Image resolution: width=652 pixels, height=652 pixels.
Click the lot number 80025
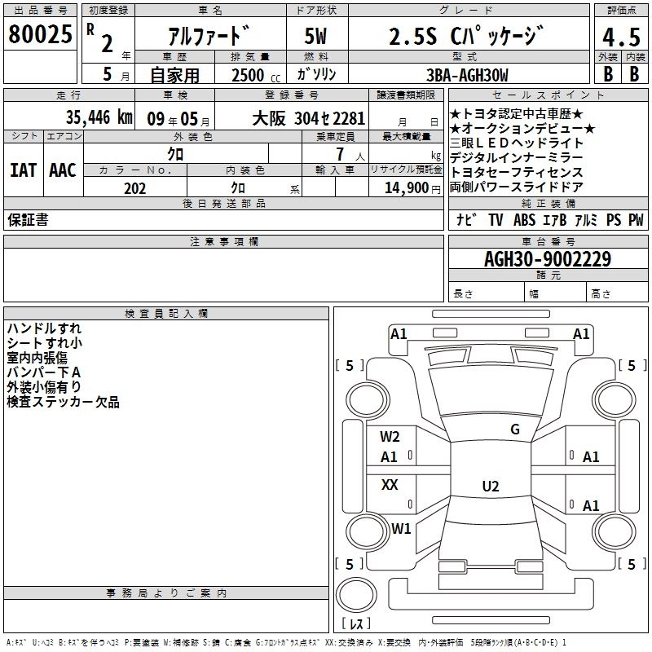click(40, 34)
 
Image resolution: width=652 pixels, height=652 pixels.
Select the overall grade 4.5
click(621, 37)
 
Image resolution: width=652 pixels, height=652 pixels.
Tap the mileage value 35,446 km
click(99, 117)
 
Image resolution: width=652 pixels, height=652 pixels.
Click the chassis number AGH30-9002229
click(548, 258)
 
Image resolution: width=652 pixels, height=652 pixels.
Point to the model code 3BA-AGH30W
click(467, 75)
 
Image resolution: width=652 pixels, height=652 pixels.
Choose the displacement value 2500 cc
click(256, 75)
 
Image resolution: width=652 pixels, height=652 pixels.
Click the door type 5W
click(315, 36)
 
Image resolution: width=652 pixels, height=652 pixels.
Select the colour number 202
click(134, 188)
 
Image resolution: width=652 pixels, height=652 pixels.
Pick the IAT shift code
click(23, 170)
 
